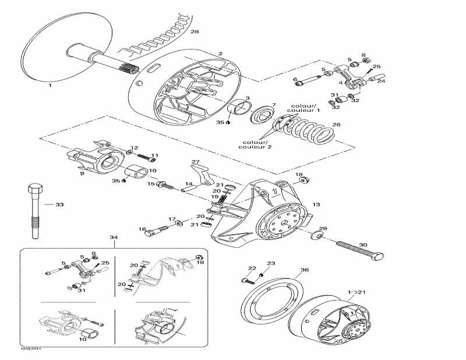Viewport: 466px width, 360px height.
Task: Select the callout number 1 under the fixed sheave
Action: click(x=50, y=86)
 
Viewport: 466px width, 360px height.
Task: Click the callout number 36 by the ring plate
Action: click(x=304, y=270)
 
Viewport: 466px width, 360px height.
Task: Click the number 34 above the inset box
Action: click(x=114, y=238)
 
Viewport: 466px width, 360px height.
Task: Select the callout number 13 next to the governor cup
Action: click(x=316, y=204)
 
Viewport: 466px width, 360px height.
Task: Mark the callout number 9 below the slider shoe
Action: click(x=82, y=173)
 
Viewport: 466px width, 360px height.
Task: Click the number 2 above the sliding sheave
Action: click(x=220, y=54)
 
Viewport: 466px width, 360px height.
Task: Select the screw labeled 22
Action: click(x=248, y=280)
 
